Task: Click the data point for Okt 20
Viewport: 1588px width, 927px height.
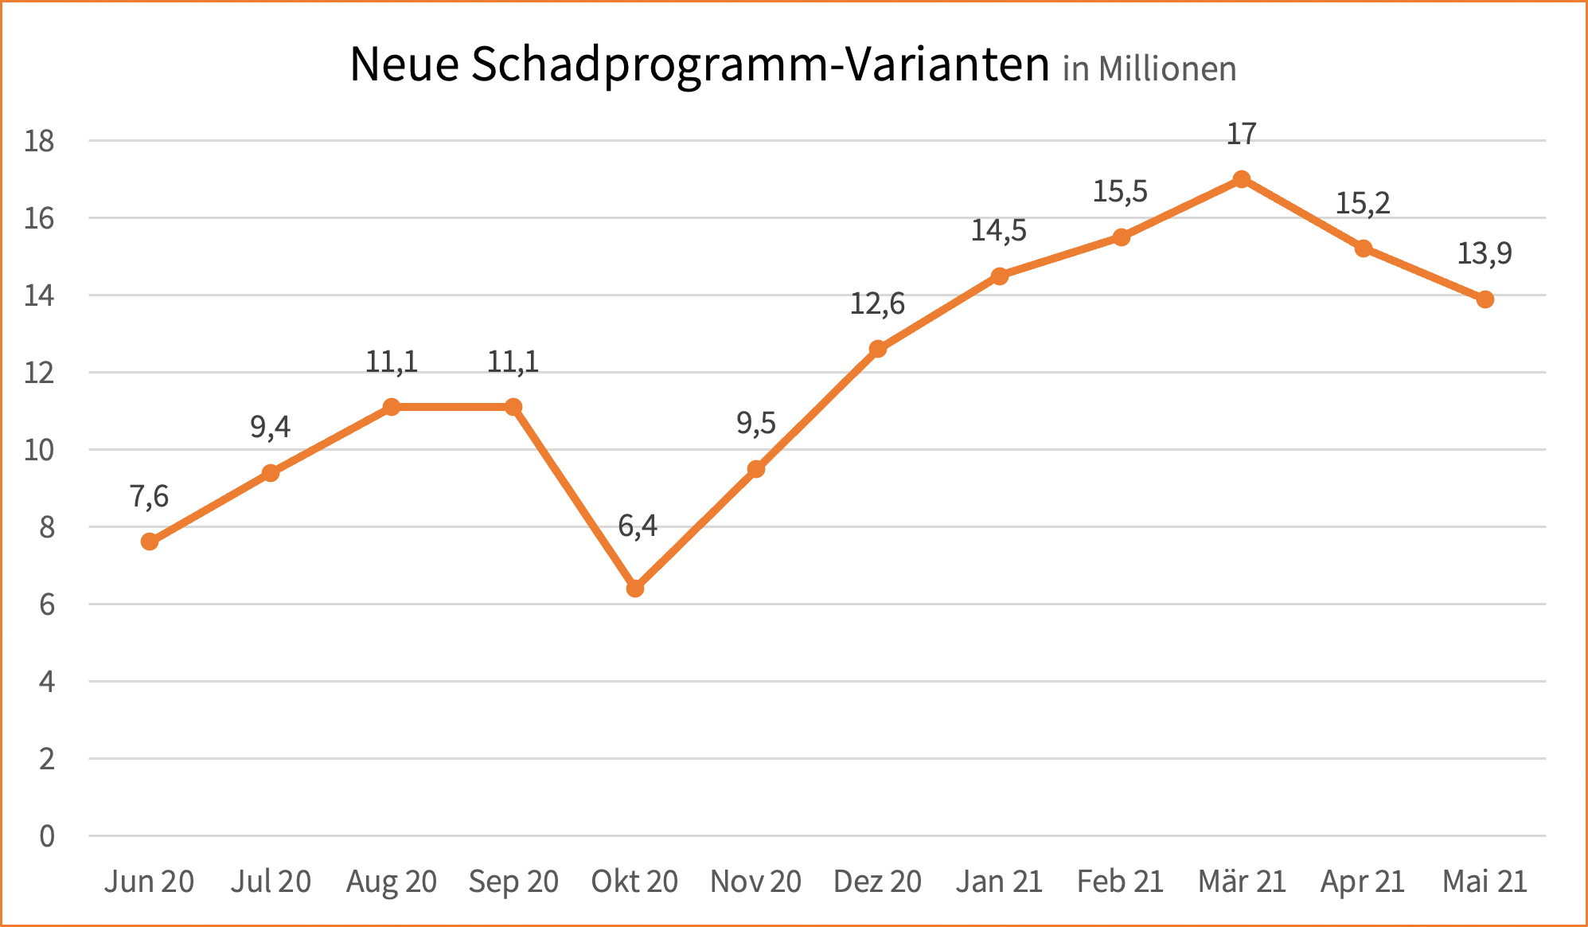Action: [x=634, y=589]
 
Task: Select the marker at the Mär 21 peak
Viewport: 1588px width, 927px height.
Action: [x=1242, y=179]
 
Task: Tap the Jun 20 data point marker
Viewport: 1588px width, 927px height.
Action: [x=149, y=542]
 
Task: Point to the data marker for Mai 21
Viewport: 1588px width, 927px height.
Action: [x=1485, y=299]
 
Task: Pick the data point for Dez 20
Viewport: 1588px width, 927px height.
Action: [x=877, y=349]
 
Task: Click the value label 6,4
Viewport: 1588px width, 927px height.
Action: [x=638, y=526]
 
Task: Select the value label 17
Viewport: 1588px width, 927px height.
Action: [x=1242, y=135]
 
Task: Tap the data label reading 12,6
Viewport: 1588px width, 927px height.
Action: [x=877, y=303]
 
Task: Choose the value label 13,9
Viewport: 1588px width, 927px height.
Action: [x=1485, y=253]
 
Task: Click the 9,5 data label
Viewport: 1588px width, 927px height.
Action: [x=756, y=423]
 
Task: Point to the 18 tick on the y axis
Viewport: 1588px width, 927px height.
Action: [x=39, y=141]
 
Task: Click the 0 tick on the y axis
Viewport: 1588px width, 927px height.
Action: [x=47, y=836]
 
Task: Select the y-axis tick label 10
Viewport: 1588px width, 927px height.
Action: [x=39, y=450]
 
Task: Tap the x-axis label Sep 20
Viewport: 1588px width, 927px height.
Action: [x=513, y=882]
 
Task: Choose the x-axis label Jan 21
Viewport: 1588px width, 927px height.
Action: [x=999, y=882]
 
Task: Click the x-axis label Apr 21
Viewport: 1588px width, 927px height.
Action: [x=1363, y=882]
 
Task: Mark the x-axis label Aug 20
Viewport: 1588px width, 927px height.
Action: [x=392, y=882]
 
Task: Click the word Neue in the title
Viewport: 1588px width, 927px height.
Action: [x=404, y=65]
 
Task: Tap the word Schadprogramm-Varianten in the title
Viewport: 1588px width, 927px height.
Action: [x=760, y=65]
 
